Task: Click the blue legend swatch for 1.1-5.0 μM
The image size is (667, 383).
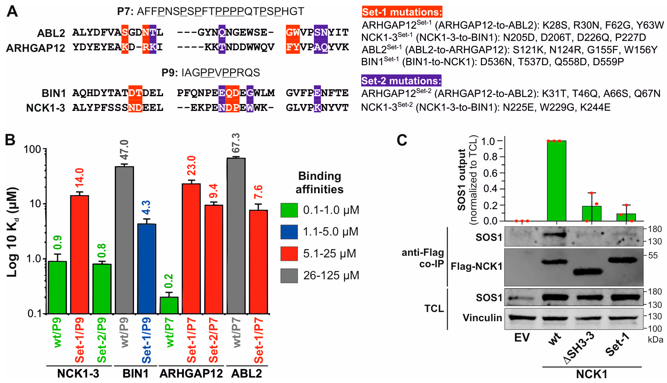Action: click(289, 232)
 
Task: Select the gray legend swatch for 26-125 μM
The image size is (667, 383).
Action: click(289, 275)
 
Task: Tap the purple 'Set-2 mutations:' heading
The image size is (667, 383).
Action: click(401, 81)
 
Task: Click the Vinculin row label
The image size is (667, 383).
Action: click(482, 318)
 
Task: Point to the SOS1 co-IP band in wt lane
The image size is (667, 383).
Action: click(554, 234)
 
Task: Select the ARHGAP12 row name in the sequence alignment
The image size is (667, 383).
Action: click(35, 48)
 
